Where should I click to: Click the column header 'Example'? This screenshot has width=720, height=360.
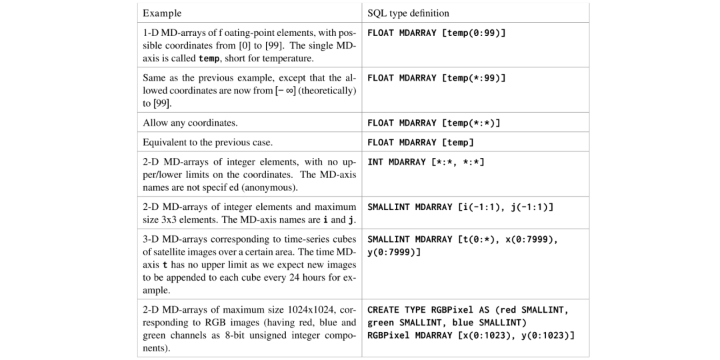pos(162,13)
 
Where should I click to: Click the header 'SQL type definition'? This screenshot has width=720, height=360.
pos(408,13)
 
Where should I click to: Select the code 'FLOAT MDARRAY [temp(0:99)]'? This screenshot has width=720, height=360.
pos(437,33)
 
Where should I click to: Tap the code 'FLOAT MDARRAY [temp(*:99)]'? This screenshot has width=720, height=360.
pos(437,78)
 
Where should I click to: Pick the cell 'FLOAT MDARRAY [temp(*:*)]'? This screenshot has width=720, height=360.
pos(433,123)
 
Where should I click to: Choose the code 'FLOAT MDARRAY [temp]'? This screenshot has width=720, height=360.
pos(421,142)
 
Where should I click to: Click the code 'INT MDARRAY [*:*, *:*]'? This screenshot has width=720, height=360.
pos(426,162)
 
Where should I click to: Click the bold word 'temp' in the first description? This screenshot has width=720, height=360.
pos(209,59)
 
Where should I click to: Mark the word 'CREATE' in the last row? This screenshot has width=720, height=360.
pos(383,310)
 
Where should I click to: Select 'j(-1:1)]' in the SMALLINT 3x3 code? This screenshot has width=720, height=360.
pos(532,207)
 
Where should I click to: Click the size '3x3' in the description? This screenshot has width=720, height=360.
pos(173,219)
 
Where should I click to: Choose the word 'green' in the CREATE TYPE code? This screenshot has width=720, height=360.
pos(381,323)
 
